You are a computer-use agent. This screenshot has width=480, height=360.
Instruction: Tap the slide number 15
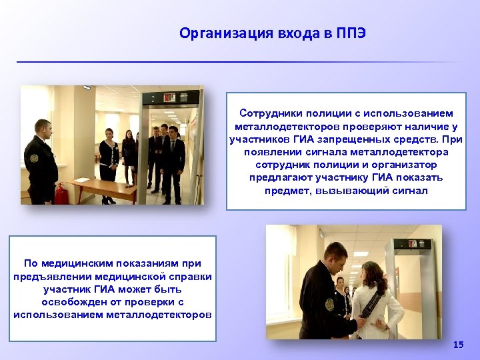click(x=458, y=345)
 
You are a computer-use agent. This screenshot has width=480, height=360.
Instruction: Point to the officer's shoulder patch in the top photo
click(x=35, y=159)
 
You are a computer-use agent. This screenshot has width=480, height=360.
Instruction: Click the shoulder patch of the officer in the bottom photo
click(x=329, y=303)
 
